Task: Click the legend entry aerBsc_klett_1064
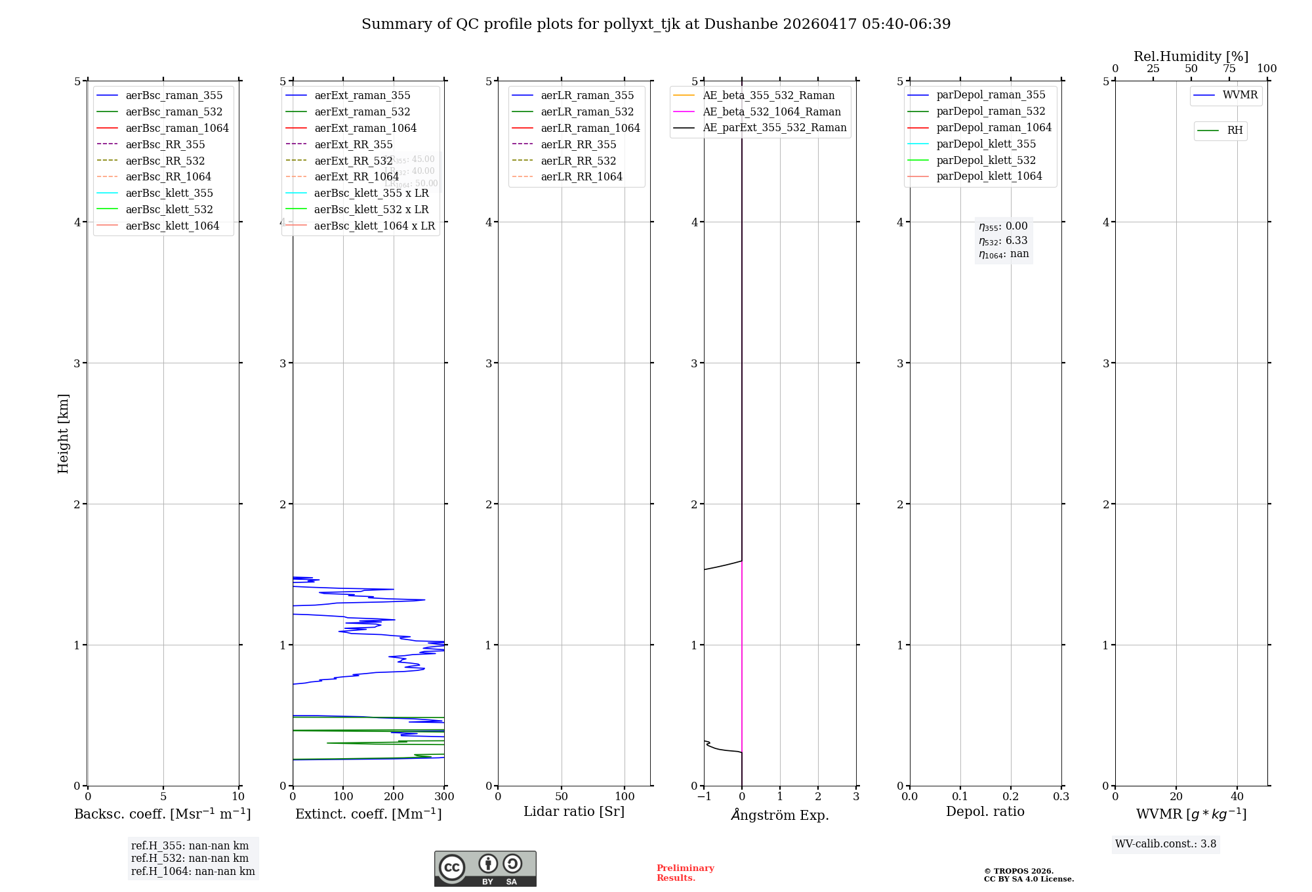tap(172, 226)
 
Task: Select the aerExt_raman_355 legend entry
tap(362, 96)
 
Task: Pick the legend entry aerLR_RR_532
tap(578, 161)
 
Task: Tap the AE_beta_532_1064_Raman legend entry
tap(771, 111)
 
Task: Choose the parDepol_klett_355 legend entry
tap(986, 144)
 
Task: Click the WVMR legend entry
tap(1240, 95)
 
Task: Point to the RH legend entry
tap(1235, 131)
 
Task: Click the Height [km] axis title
tap(63, 433)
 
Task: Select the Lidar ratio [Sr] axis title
tap(574, 811)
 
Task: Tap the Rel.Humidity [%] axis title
tap(1191, 56)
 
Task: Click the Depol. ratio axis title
tap(985, 811)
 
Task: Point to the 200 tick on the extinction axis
tap(394, 797)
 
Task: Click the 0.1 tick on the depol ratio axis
tap(960, 797)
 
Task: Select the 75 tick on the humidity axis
tap(1229, 69)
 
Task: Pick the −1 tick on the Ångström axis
tap(704, 797)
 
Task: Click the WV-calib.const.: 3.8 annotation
tap(1165, 844)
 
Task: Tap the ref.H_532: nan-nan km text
tap(190, 859)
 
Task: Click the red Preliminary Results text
tap(685, 873)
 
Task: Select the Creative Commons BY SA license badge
tap(485, 869)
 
